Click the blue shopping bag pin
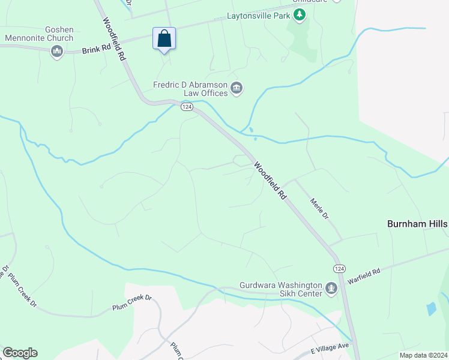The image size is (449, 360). (164, 39)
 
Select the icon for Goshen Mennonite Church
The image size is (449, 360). (57, 52)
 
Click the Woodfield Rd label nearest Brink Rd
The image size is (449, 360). (113, 40)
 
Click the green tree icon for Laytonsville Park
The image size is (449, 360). (300, 17)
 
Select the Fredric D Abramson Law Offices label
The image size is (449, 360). (191, 89)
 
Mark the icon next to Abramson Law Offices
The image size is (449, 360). (237, 89)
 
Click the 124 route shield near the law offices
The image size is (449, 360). (187, 106)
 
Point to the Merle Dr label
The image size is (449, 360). (319, 208)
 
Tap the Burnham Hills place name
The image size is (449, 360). (417, 223)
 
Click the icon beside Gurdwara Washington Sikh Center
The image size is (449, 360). (331, 290)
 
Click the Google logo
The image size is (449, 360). (20, 353)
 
